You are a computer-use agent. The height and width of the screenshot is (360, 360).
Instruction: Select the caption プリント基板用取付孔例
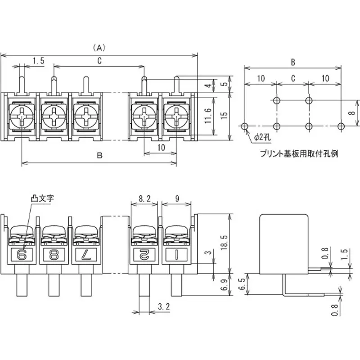(x=299, y=153)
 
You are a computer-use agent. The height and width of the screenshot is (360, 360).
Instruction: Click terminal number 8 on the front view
(x=54, y=255)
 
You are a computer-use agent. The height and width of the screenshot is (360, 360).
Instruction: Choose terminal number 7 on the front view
(x=85, y=255)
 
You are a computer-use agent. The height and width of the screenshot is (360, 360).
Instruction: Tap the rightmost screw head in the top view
(x=175, y=116)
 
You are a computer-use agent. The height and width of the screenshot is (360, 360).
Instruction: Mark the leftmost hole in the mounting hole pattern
(x=244, y=126)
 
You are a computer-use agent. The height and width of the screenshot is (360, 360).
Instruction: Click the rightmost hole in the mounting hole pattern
(x=341, y=126)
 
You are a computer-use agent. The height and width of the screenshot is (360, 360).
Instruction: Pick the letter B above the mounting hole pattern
(x=292, y=62)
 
